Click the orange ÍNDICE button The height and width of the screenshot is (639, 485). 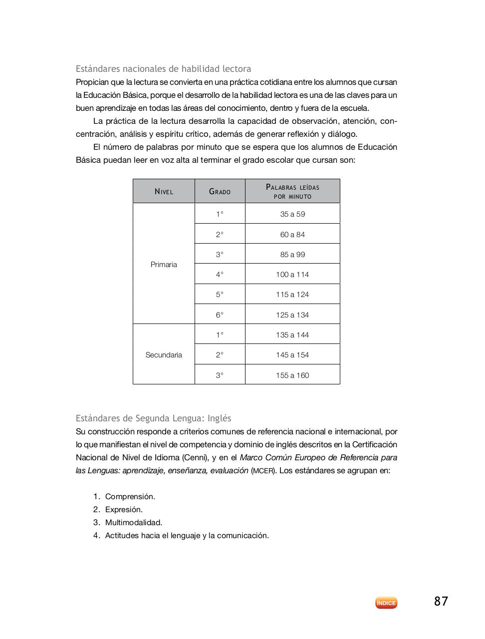point(386,603)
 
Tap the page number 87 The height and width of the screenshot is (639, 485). point(441,601)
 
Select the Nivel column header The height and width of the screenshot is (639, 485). point(164,191)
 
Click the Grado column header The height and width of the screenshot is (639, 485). point(220,191)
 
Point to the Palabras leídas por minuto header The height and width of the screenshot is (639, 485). point(292,191)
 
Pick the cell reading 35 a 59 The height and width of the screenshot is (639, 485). point(292,214)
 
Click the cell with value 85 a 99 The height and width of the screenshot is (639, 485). point(292,255)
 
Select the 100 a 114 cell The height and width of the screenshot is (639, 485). point(292,275)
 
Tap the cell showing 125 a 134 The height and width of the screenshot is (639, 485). point(292,315)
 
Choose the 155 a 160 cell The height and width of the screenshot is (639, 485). point(292,375)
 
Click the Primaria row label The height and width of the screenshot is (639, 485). point(164,265)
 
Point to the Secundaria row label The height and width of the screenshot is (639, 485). point(164,355)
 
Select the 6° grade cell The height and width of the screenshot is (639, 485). point(220,315)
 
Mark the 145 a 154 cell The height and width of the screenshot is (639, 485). point(292,355)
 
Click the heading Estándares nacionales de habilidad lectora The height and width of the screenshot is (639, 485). point(163,69)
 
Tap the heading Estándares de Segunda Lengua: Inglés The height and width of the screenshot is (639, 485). point(153,418)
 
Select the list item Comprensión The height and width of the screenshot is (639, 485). point(130,497)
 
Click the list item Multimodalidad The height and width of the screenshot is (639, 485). point(133,523)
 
